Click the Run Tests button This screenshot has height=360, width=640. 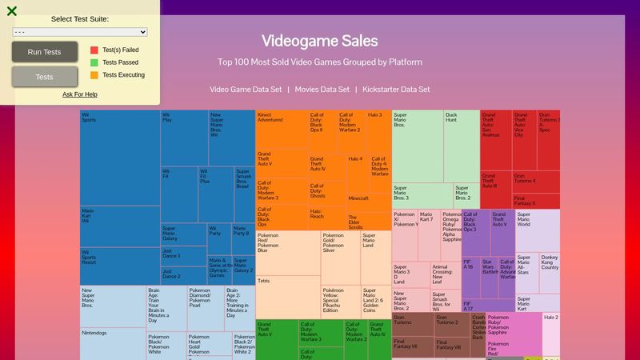(x=44, y=52)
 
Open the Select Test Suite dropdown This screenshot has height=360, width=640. (x=80, y=32)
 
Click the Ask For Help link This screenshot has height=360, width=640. (x=80, y=94)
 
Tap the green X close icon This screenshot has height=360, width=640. (x=12, y=11)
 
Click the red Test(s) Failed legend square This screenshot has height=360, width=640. (x=94, y=50)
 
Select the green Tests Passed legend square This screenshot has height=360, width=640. (x=94, y=62)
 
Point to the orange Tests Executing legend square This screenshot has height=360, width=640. (x=94, y=75)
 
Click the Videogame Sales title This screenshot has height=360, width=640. (x=319, y=42)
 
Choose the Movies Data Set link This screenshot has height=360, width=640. (x=322, y=90)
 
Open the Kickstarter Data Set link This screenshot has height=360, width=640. (x=396, y=90)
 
